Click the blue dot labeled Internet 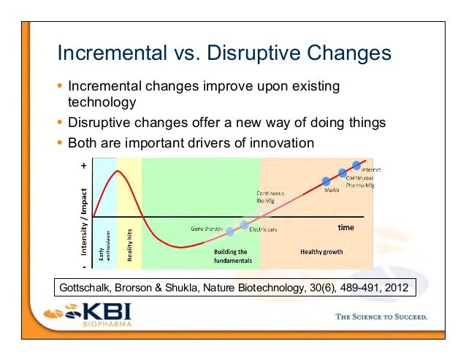tap(356, 166)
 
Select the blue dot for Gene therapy tap(230, 231)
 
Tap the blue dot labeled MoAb tap(327, 180)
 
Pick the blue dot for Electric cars tap(245, 224)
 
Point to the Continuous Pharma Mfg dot tap(342, 173)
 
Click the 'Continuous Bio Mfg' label tap(270, 196)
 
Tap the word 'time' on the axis tap(345, 228)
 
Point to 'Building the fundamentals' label tap(233, 256)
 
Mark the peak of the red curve tap(116, 171)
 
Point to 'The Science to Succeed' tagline tap(381, 318)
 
